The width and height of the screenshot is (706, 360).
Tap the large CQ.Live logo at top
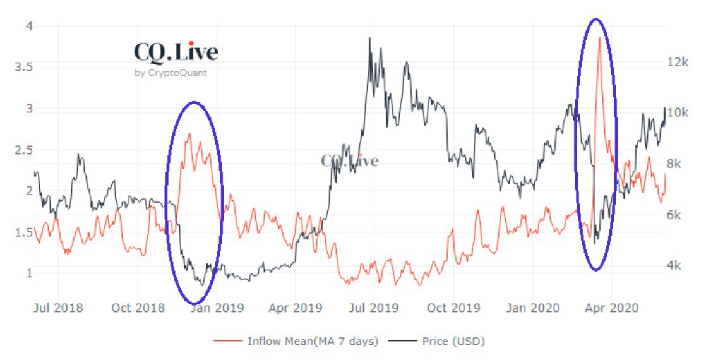coord(176,52)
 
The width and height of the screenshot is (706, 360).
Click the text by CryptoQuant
coord(171,73)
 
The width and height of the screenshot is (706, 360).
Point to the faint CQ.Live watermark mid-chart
coord(349,160)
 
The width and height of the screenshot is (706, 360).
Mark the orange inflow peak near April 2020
coord(599,39)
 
